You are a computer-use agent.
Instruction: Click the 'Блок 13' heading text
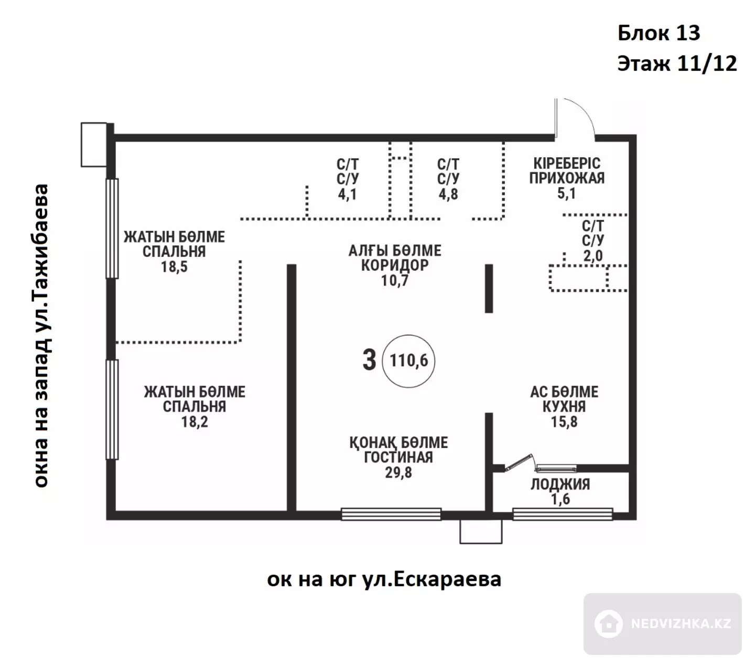pos(659,33)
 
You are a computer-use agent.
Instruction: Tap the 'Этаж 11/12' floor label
pos(677,64)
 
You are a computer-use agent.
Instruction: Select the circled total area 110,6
pos(408,360)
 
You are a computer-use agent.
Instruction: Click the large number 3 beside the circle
pos(369,360)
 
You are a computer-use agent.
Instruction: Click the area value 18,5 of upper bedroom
pos(174,267)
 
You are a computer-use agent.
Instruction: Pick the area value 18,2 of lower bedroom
pos(195,422)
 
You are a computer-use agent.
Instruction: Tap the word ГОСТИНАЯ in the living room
pos(398,457)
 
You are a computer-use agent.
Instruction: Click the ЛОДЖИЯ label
pos(560,484)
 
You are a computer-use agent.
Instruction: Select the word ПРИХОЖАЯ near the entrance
pos(567,178)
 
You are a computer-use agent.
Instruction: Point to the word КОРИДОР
pos(395,265)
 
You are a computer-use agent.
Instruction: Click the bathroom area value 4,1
pos(347,194)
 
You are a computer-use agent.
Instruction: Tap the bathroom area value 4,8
pos(448,194)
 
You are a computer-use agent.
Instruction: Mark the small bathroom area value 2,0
pos(592,256)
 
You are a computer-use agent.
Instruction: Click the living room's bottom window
pos(391,514)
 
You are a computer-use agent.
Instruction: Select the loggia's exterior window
pos(563,514)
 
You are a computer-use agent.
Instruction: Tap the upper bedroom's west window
pos(112,228)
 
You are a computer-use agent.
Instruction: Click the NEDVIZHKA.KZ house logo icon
pos(608,623)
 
